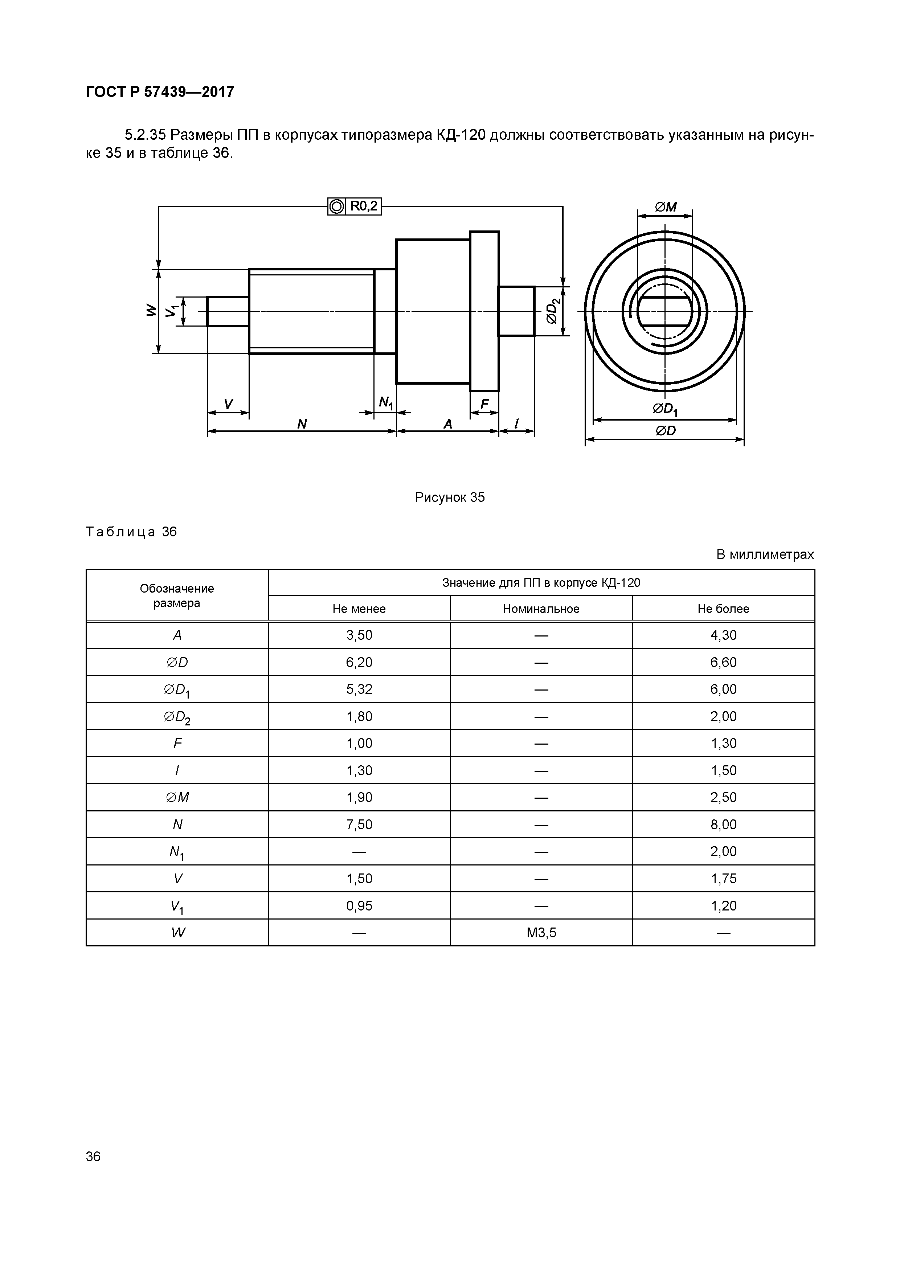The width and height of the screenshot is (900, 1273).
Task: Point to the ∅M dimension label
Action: tap(666, 207)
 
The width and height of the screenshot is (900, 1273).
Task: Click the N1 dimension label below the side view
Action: tap(385, 403)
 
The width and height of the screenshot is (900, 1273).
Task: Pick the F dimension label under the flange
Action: tap(485, 405)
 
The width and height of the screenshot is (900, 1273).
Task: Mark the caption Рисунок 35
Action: tap(450, 498)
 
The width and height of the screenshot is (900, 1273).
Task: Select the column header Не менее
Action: tap(359, 609)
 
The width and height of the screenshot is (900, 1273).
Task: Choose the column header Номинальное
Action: tap(541, 609)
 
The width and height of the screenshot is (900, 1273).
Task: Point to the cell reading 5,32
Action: tap(359, 689)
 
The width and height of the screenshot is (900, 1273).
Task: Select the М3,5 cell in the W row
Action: tap(541, 933)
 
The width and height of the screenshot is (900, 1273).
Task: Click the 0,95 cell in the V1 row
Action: tap(359, 906)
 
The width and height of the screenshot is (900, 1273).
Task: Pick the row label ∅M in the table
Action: tap(177, 797)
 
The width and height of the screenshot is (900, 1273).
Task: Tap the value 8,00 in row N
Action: tap(723, 824)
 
